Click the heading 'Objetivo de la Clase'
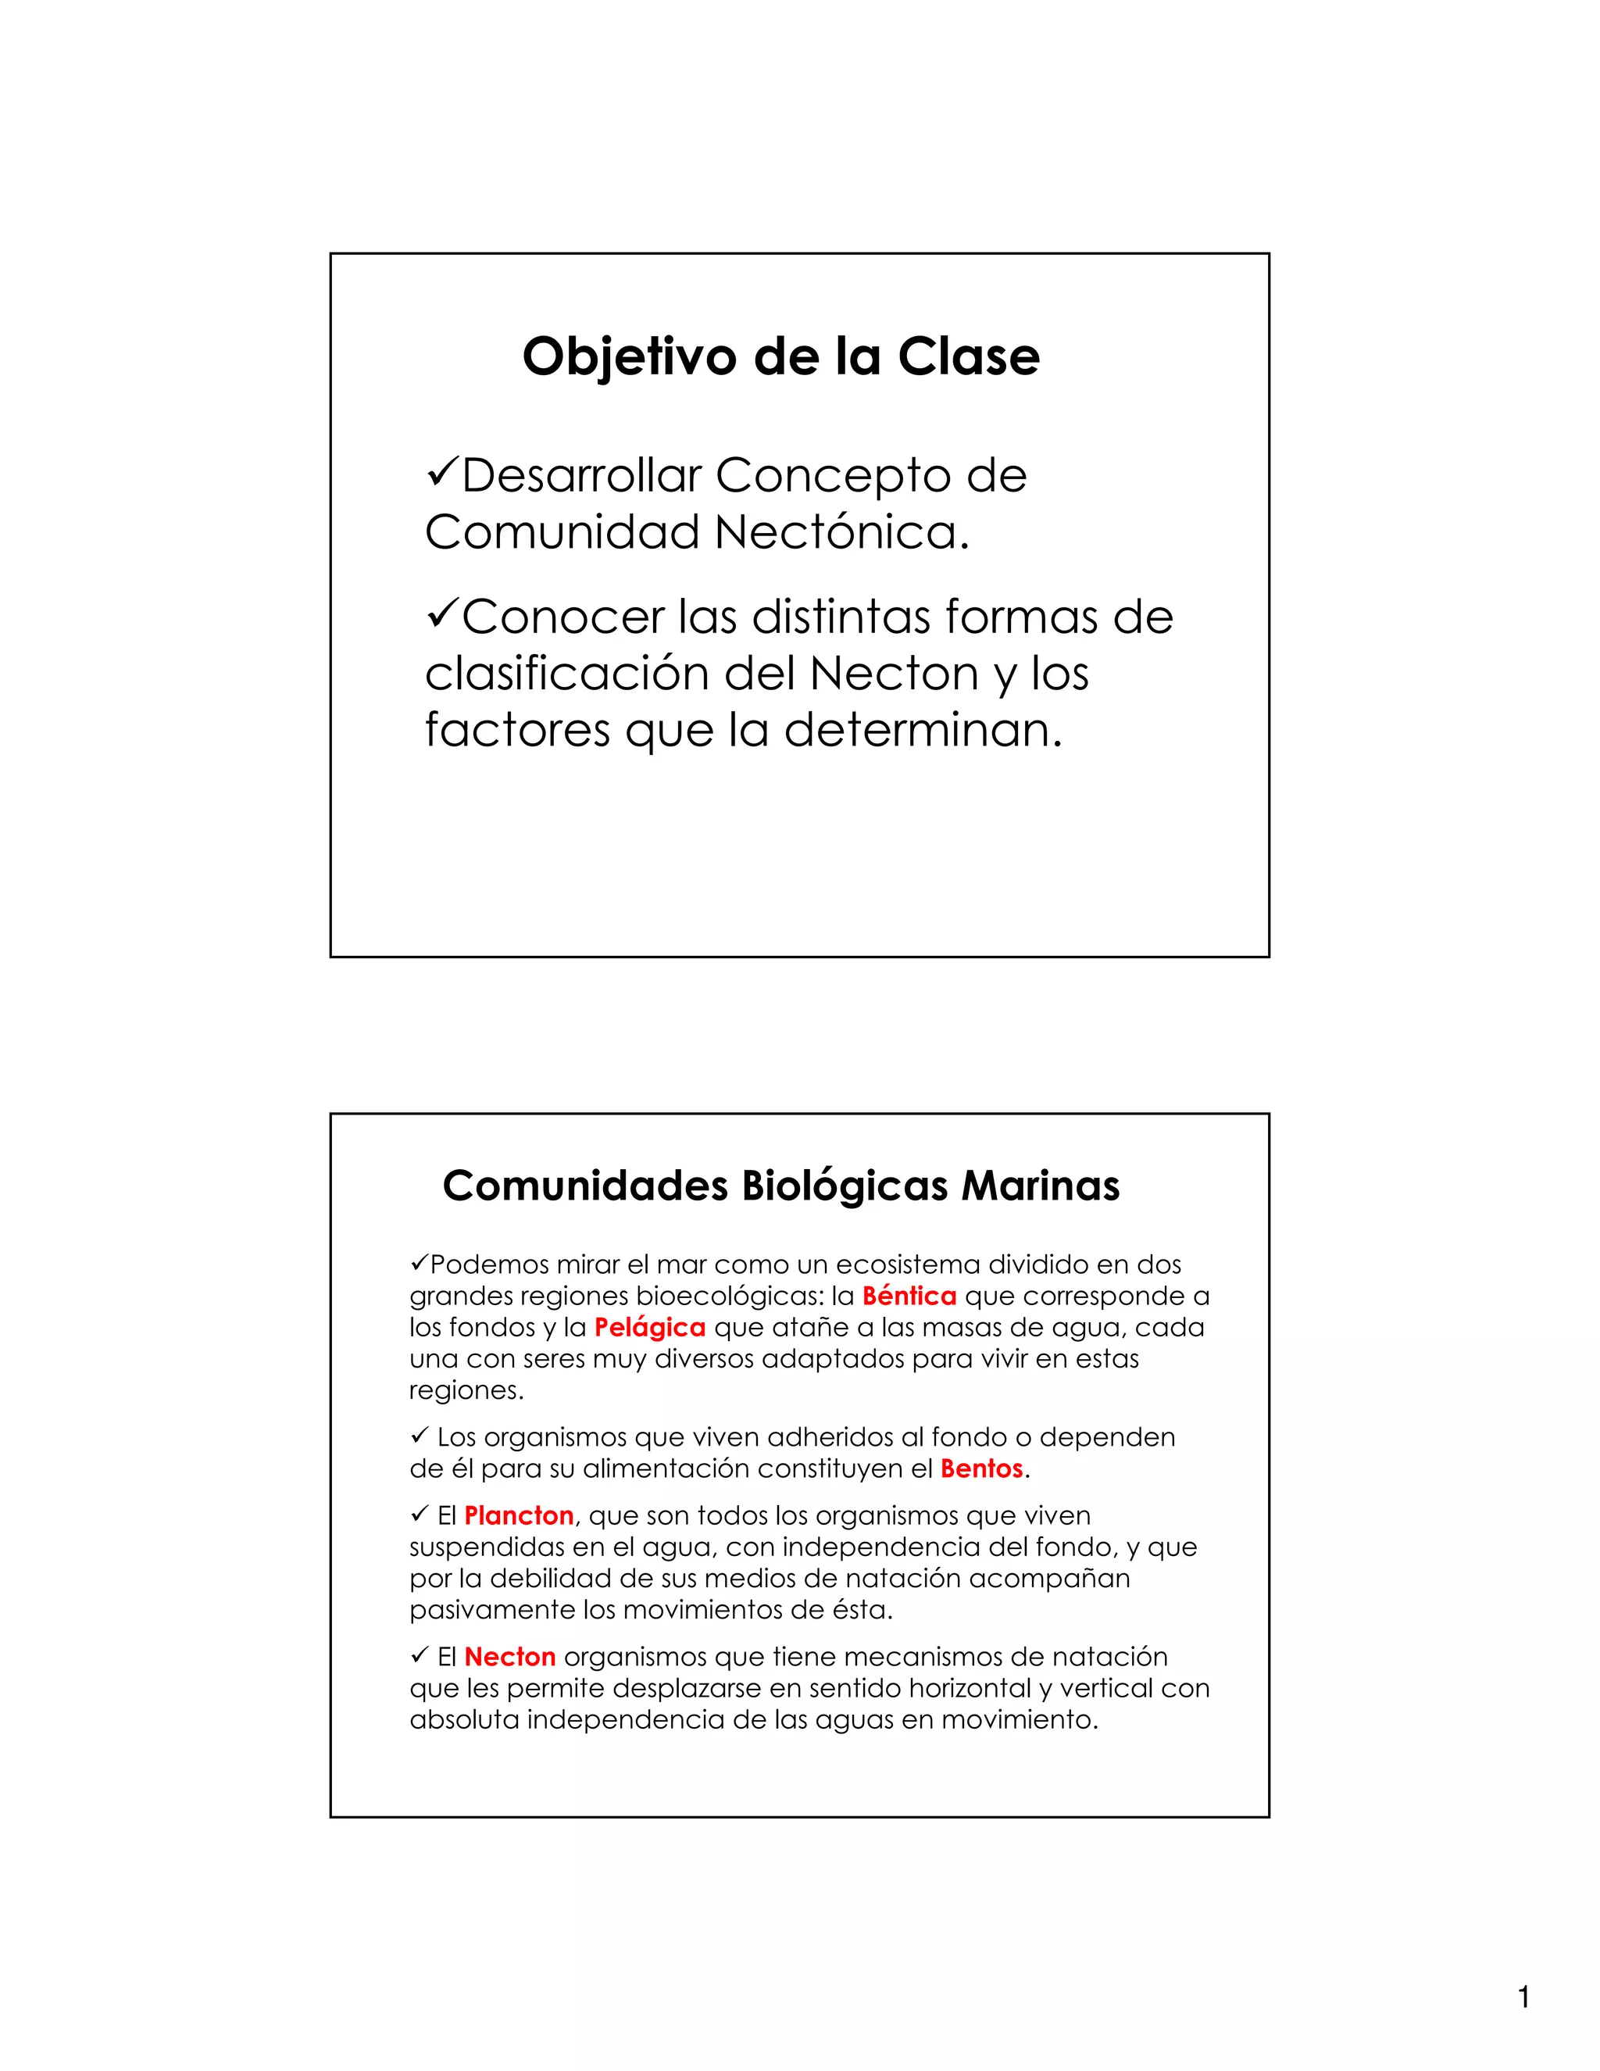click(780, 357)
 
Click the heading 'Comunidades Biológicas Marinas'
click(780, 1186)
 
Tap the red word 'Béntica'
click(909, 1297)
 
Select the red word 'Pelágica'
click(649, 1328)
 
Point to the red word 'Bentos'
click(981, 1469)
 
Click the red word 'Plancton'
click(519, 1516)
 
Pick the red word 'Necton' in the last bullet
click(510, 1658)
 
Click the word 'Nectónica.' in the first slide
click(843, 533)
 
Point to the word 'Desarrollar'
click(582, 475)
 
